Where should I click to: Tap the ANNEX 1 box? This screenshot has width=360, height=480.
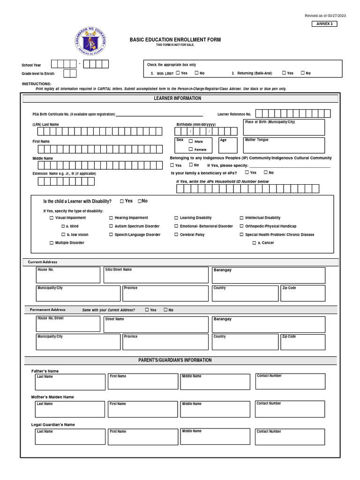[x=324, y=24]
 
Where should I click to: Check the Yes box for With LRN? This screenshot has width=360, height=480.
[x=178, y=73]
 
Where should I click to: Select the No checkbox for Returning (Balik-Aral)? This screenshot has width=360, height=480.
[x=303, y=73]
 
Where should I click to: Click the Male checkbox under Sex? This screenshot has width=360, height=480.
[x=191, y=141]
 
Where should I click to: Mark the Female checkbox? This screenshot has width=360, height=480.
[x=191, y=149]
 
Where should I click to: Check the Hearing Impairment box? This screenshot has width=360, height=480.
[x=111, y=218]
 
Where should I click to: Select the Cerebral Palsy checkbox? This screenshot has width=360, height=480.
[x=176, y=235]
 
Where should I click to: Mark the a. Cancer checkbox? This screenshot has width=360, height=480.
[x=254, y=243]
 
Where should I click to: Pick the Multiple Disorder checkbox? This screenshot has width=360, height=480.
[x=52, y=243]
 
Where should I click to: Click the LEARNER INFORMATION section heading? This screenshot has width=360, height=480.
[x=177, y=98]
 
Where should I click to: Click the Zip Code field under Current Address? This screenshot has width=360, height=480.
[x=302, y=293]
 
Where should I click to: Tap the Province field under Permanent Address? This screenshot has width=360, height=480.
[x=165, y=342]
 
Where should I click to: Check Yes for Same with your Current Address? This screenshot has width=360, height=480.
[x=147, y=310]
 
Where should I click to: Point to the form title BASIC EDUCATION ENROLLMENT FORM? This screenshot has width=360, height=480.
[x=175, y=40]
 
